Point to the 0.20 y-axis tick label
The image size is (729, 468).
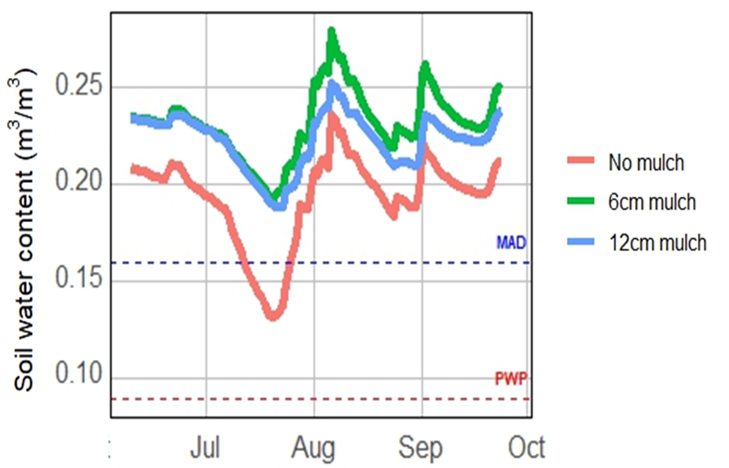click(78, 181)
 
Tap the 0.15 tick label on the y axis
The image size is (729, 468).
click(78, 278)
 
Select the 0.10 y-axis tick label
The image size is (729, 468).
click(78, 374)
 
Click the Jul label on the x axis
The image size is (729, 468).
click(205, 448)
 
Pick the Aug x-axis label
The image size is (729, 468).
click(313, 448)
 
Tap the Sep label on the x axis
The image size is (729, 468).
click(420, 448)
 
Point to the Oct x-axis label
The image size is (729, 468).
click(526, 448)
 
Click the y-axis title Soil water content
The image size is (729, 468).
click(24, 230)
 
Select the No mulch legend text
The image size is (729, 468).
click(646, 163)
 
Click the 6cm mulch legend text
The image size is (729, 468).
click(652, 202)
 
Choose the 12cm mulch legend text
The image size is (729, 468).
click(657, 243)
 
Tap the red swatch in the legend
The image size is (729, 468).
click(580, 161)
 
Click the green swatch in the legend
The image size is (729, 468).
click(580, 201)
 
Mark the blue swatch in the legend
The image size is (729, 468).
click(580, 242)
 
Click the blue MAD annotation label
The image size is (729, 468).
click(511, 243)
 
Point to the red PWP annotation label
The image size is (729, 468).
click(511, 378)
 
